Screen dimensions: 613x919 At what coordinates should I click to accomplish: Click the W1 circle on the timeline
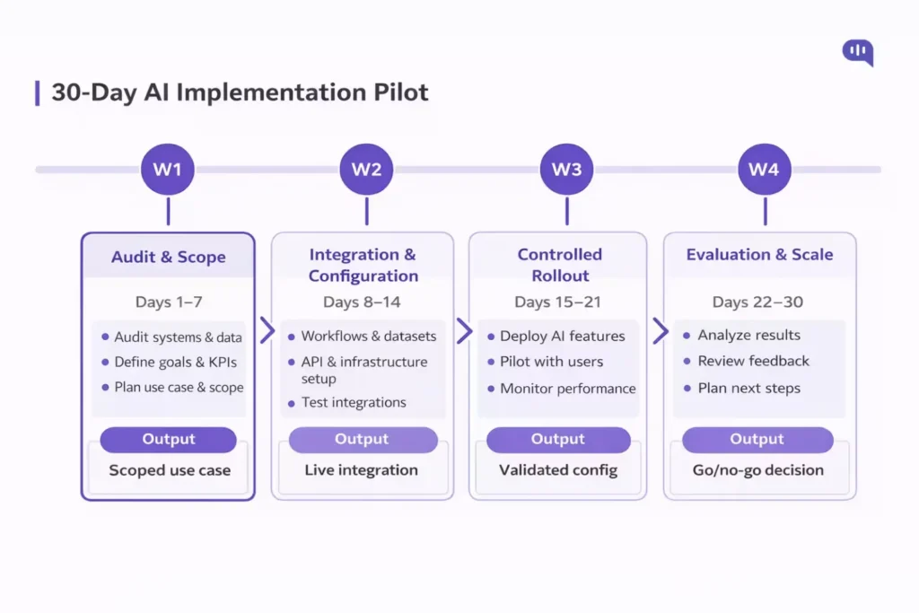click(168, 169)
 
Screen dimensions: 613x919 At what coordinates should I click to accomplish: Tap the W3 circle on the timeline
click(566, 169)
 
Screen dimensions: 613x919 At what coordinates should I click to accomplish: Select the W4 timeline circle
click(765, 169)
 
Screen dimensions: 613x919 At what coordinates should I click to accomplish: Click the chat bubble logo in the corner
click(857, 53)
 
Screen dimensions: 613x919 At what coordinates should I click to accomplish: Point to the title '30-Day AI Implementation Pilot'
click(240, 93)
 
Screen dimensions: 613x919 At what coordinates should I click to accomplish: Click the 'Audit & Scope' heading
click(169, 258)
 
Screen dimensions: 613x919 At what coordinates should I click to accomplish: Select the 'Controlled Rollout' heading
click(559, 265)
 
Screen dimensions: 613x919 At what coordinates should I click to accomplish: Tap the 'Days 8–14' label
click(363, 302)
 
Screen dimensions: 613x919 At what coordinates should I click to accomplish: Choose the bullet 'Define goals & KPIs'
click(175, 363)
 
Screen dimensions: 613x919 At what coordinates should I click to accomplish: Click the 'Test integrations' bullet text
click(354, 403)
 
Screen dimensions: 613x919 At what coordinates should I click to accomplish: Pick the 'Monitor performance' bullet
click(567, 389)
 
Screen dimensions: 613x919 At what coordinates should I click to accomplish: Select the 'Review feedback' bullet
click(753, 361)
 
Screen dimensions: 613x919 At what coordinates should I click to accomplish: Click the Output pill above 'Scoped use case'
click(169, 440)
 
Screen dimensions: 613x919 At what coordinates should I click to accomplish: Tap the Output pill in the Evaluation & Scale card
click(757, 440)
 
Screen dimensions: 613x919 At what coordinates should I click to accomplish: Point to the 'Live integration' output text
click(361, 470)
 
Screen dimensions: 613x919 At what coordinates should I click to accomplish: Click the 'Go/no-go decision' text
click(757, 470)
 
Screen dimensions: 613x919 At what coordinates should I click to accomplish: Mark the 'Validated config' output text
click(558, 470)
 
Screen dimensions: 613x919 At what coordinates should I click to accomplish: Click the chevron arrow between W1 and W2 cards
click(267, 330)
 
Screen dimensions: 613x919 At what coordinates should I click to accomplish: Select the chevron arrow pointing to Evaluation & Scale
click(661, 330)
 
